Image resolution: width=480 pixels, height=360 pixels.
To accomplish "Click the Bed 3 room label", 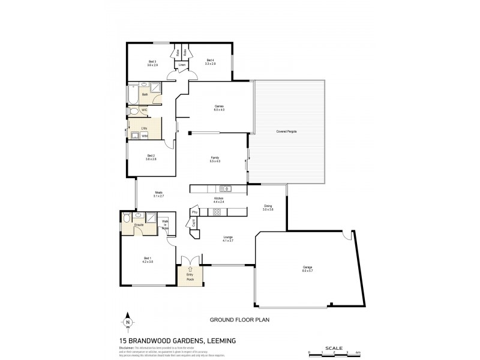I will point(152,62).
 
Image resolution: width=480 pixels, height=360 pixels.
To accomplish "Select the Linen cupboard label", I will point(182,65).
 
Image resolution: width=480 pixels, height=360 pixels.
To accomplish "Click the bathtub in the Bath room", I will point(133,94).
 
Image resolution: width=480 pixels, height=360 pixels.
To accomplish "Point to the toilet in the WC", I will point(133,111).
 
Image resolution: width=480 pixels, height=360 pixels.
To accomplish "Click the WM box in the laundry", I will point(145,136).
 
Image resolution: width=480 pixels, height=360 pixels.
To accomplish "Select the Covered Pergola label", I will point(287,131).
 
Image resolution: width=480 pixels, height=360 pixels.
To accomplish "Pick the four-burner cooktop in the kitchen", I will point(217,211).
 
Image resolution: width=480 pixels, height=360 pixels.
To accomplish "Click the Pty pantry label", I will point(195,212).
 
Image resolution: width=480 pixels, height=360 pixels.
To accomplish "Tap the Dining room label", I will point(269,208).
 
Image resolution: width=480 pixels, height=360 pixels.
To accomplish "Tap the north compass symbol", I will point(128,322).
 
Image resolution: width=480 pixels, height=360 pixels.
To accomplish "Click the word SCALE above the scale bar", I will point(334,347).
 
